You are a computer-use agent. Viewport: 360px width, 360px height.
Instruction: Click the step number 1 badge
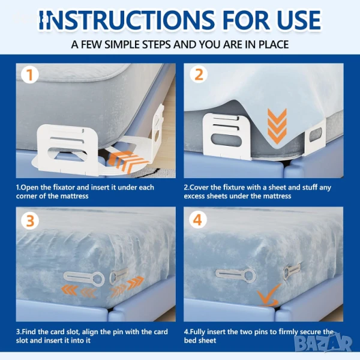29,74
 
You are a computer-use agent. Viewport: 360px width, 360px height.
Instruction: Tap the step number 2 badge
199,74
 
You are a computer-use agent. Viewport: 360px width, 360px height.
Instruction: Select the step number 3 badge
30,221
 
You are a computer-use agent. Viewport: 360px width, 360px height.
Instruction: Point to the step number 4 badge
198,220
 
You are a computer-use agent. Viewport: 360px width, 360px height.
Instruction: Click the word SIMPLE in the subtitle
123,44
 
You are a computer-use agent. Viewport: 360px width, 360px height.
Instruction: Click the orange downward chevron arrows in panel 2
277,126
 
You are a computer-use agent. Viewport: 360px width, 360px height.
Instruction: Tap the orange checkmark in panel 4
268,296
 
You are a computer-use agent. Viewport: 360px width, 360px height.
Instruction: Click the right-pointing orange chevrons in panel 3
127,286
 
